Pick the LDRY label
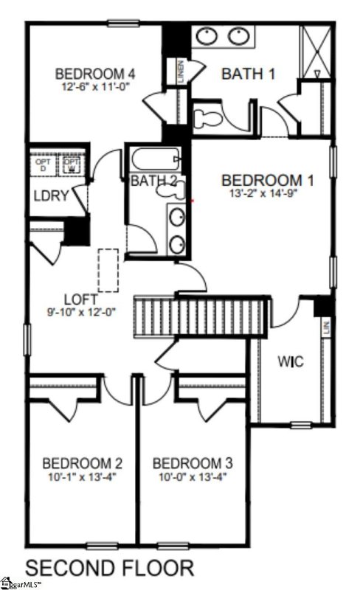pos(50,196)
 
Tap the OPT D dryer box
pos(41,164)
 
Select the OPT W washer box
pos(72,164)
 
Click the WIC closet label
pos(288,363)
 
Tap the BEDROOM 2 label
pos(82,464)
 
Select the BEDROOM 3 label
pos(193,464)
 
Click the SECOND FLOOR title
pos(110,568)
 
